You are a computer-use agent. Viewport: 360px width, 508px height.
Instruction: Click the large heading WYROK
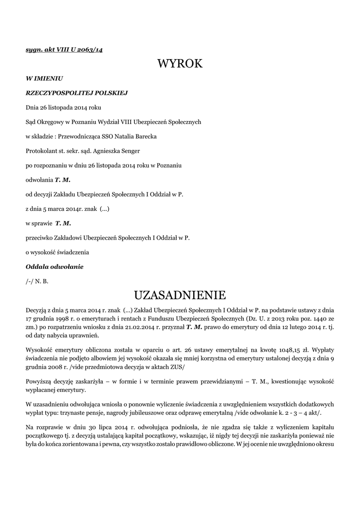[180, 63]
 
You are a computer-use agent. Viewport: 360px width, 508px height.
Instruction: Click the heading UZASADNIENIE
[180, 295]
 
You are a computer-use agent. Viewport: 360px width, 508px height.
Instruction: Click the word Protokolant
[41, 150]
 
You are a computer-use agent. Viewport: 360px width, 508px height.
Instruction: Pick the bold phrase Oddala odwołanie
[55, 267]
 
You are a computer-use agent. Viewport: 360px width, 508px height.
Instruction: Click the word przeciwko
[41, 238]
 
